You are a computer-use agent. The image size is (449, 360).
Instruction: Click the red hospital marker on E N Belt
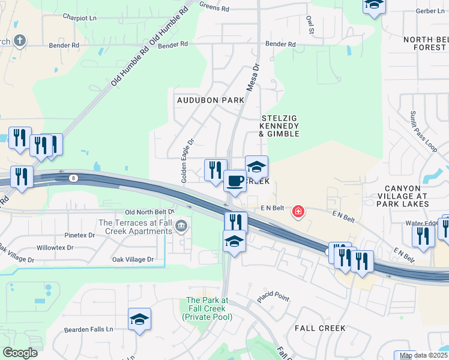coord(298,212)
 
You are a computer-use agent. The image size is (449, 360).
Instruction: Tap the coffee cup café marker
coord(235,181)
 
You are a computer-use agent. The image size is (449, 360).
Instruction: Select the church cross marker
coord(19,41)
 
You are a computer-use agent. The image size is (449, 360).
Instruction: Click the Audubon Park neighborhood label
coord(210,100)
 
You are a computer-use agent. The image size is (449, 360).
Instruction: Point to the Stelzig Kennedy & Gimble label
coord(279,126)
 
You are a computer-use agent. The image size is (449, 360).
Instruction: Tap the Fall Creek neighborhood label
coord(320,328)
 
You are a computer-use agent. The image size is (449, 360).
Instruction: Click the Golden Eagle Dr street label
coord(188,162)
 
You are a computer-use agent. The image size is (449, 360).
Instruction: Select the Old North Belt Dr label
coord(149,212)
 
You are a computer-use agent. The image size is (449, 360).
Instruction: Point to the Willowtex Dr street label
coord(55,247)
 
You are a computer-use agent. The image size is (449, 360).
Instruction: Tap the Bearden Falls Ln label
coord(89,329)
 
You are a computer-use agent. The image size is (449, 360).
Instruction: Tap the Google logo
coord(20,353)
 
